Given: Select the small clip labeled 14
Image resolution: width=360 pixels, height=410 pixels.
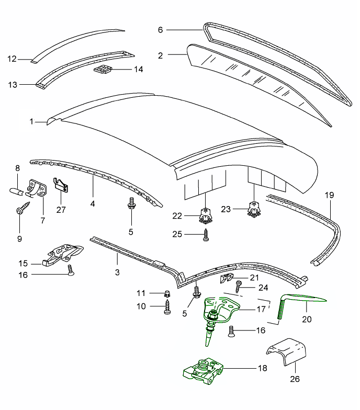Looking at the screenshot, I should tap(103, 70).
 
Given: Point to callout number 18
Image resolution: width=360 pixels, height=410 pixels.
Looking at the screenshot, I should tap(262, 368).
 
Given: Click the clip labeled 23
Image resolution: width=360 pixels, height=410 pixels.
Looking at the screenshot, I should tap(254, 208).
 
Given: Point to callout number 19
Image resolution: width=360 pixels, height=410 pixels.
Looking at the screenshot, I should tap(329, 196).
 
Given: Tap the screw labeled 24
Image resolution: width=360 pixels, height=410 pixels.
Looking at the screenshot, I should tap(239, 287).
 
